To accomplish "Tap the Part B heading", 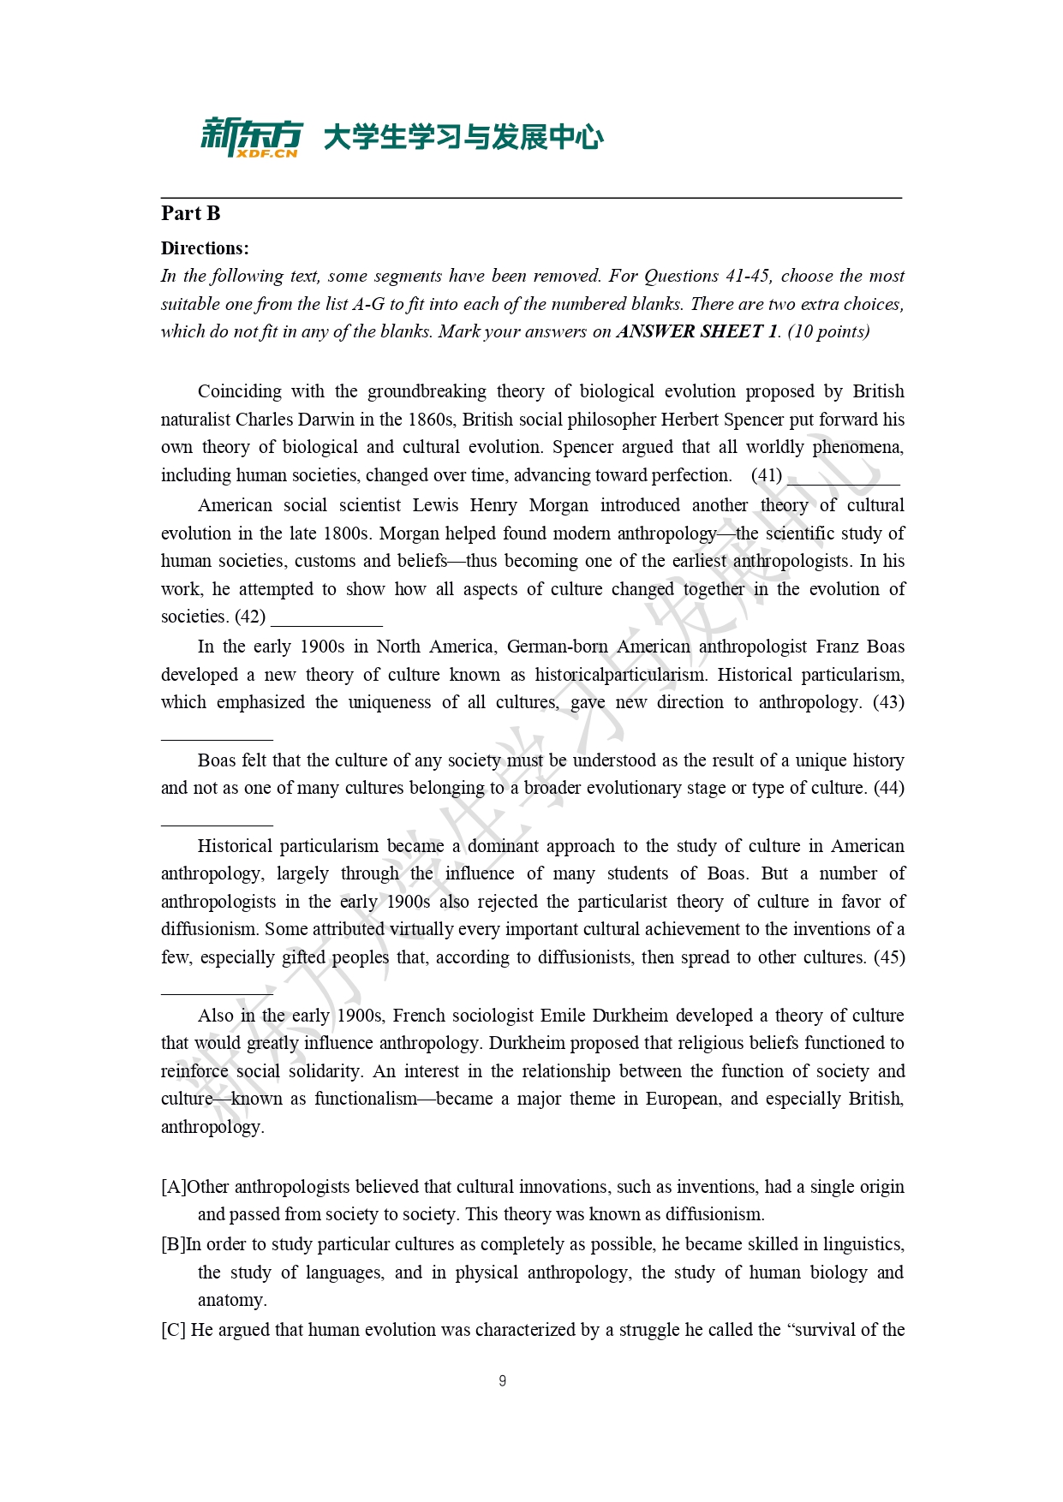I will pyautogui.click(x=191, y=213).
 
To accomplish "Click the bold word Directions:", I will pyautogui.click(x=205, y=248).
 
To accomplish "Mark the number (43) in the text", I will pyautogui.click(x=888, y=702).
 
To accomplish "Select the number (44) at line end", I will pyautogui.click(x=888, y=788).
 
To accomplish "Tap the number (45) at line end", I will pyautogui.click(x=888, y=957).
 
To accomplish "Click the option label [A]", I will pyautogui.click(x=174, y=1187).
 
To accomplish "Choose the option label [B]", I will pyautogui.click(x=173, y=1244).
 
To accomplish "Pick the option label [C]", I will pyautogui.click(x=173, y=1330).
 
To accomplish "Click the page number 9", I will pyautogui.click(x=502, y=1380).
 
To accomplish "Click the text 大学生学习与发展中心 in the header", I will pyautogui.click(x=463, y=137).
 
